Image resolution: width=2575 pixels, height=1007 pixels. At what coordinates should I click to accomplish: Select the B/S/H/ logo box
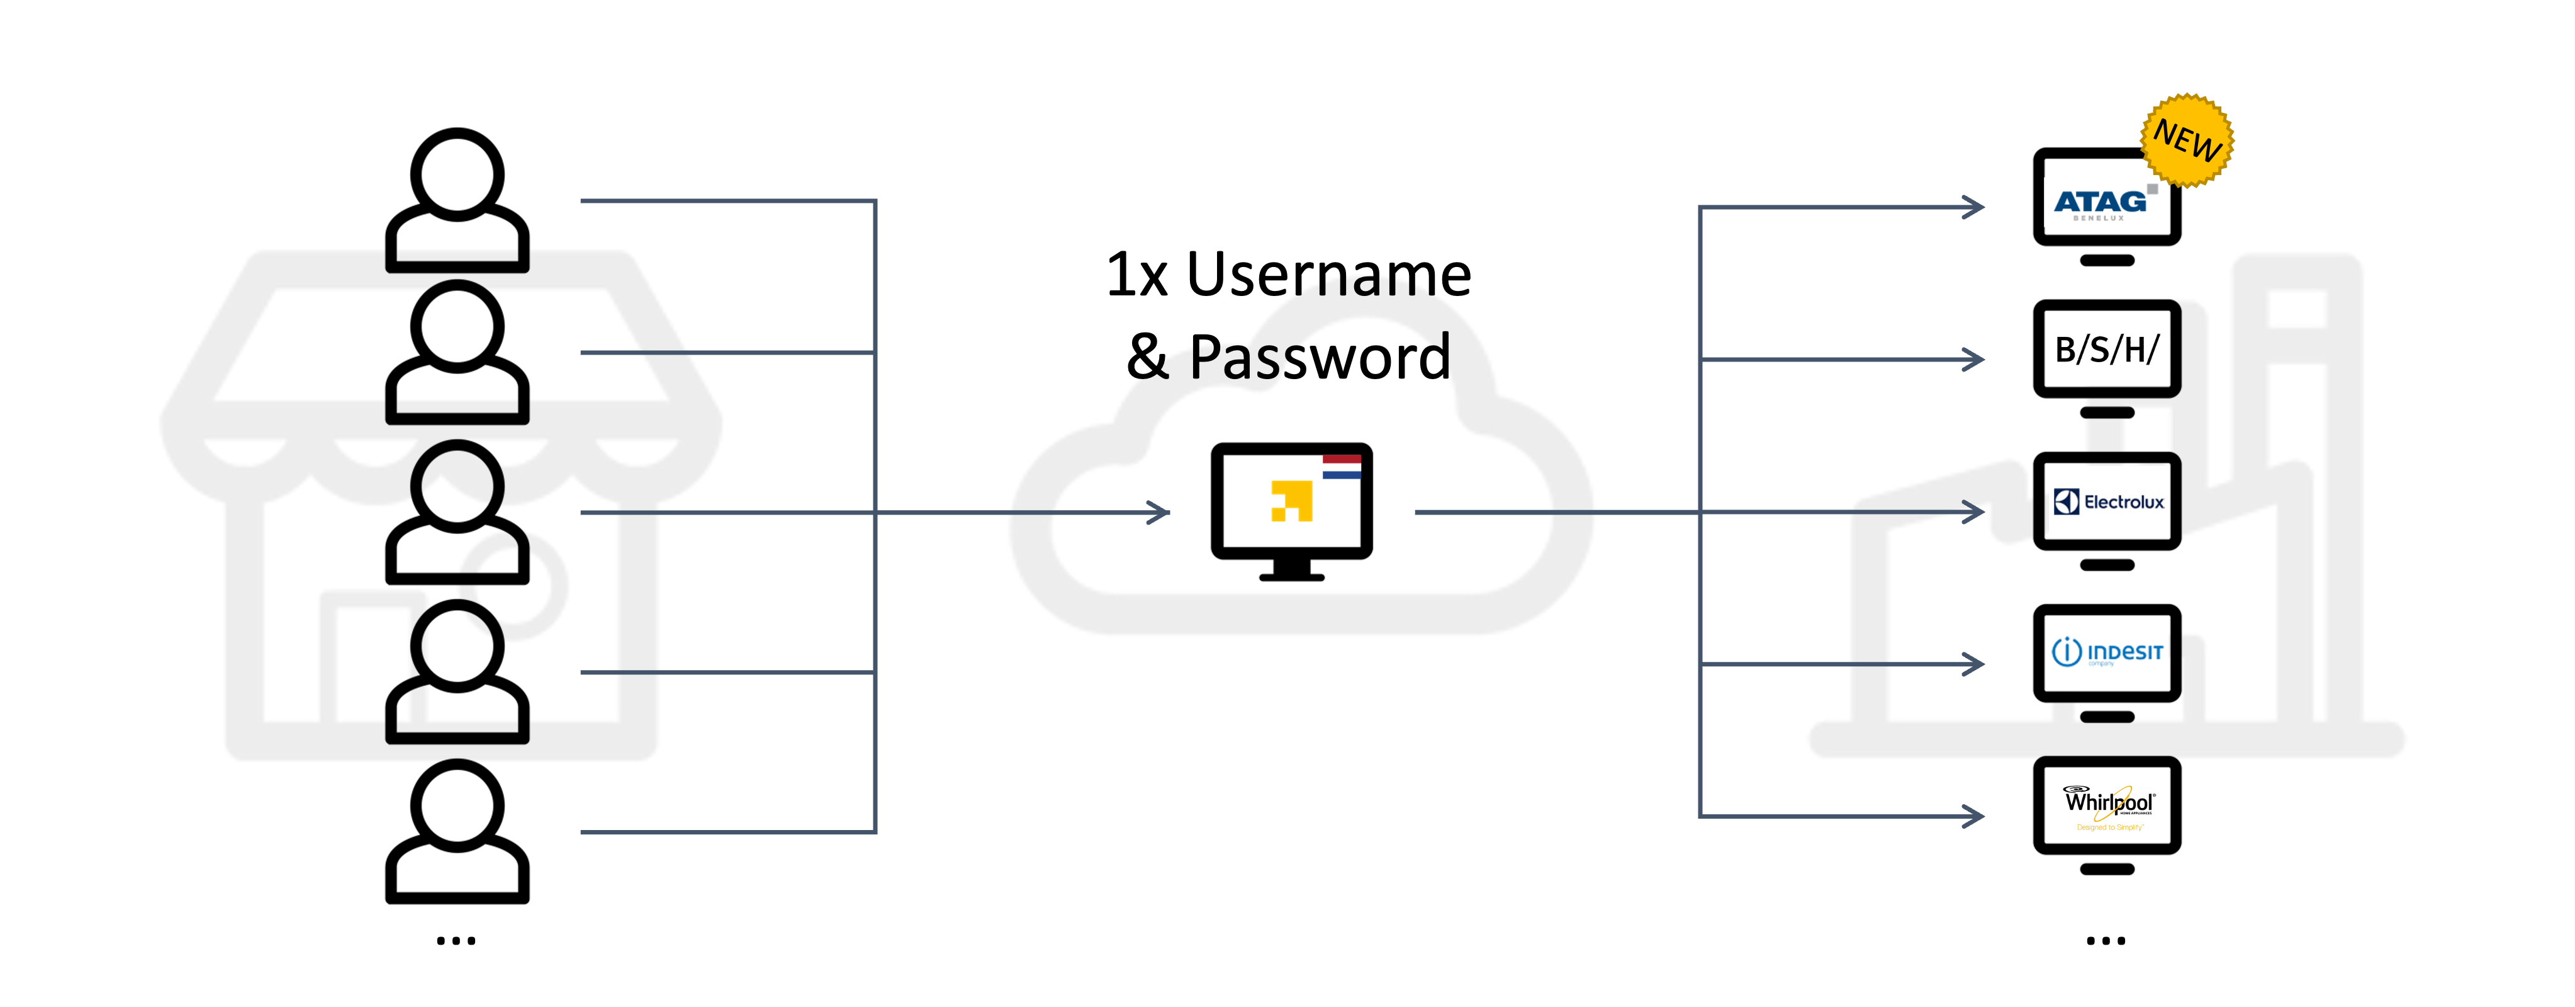(2107, 349)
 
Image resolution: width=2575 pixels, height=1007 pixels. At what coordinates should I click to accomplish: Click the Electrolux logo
(2108, 502)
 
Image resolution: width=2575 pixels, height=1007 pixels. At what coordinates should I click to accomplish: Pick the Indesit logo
(2107, 653)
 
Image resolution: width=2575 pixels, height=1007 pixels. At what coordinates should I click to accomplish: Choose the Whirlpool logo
(2109, 805)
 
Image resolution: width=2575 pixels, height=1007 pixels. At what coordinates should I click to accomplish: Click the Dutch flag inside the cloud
(1342, 467)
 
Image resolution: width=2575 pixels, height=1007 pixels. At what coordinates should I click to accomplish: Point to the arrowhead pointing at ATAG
(1975, 207)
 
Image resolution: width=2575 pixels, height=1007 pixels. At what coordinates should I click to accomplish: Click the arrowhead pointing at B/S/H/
(1975, 359)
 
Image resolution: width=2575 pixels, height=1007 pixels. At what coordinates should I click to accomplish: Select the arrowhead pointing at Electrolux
(1975, 512)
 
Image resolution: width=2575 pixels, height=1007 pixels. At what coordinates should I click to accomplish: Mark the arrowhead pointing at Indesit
(1975, 664)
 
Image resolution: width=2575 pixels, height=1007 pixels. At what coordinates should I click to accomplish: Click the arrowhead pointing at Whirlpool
(1975, 816)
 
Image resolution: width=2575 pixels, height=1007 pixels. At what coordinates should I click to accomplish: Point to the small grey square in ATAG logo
(2152, 188)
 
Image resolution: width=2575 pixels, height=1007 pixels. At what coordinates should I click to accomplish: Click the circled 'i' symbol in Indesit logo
(2066, 652)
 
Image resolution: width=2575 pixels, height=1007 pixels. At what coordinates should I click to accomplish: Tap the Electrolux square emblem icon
(2066, 502)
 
